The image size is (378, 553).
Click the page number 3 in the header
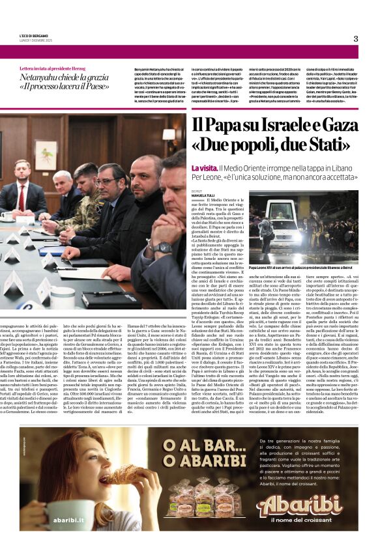(x=355, y=39)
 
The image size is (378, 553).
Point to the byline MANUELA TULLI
(x=203, y=195)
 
